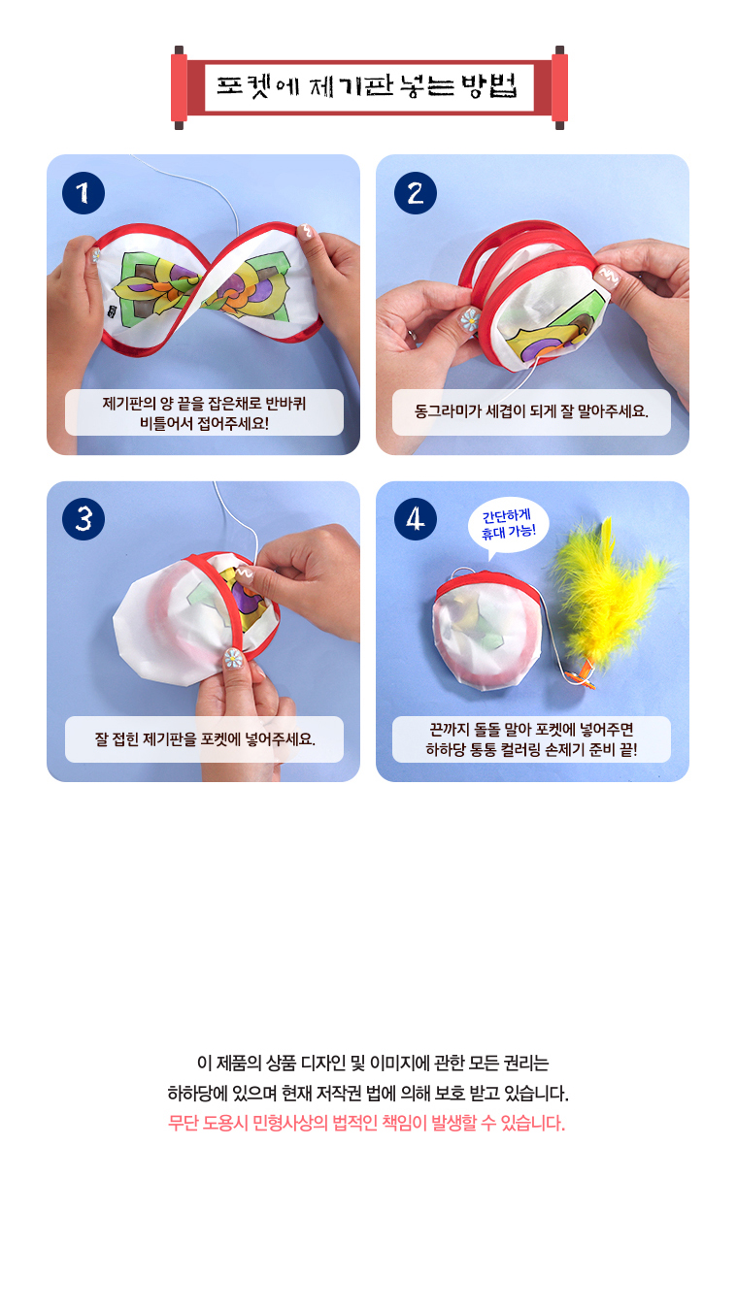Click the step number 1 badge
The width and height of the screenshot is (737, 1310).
click(84, 193)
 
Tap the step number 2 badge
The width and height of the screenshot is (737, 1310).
click(415, 193)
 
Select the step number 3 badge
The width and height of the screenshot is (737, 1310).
click(84, 519)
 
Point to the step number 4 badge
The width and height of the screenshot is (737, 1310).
click(415, 519)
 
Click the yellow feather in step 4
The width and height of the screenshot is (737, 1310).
click(609, 591)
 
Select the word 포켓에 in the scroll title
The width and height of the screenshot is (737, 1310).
click(257, 86)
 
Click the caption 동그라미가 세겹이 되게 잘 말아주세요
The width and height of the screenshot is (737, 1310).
click(531, 411)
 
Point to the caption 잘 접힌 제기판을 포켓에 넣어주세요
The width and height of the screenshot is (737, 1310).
click(204, 739)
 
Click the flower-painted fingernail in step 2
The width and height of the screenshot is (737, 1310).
click(469, 319)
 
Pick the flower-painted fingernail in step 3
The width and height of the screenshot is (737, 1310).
click(233, 659)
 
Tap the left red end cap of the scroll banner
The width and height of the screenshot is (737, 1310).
click(179, 87)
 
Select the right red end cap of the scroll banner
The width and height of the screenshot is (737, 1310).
click(559, 87)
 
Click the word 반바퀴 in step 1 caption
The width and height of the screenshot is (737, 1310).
click(285, 404)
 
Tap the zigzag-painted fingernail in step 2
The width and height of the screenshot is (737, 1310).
click(609, 276)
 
